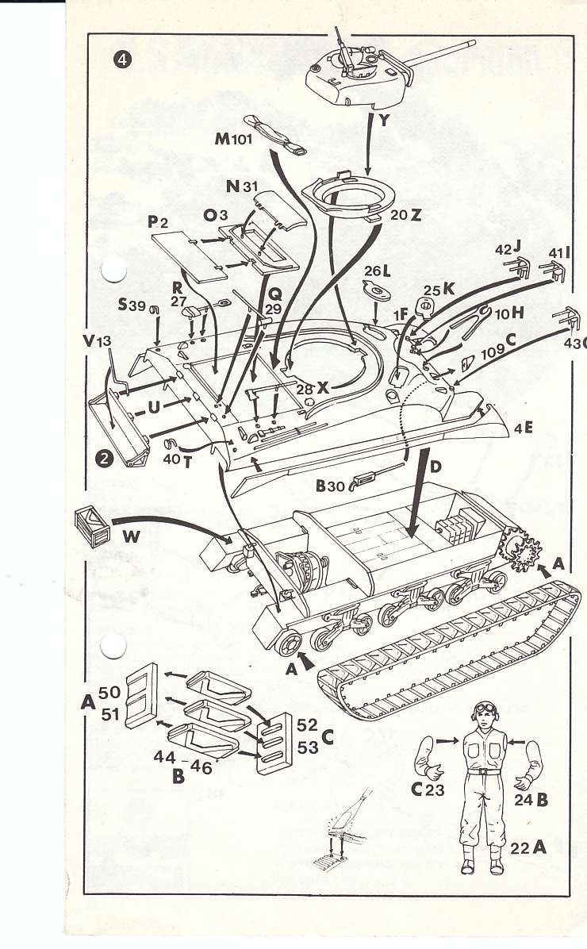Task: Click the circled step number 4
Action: point(123,61)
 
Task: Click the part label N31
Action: point(242,187)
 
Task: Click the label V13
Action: point(98,341)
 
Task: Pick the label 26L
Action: point(377,272)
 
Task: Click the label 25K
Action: point(439,290)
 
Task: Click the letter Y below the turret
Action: point(386,121)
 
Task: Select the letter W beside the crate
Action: point(132,536)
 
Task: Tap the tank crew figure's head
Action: point(485,714)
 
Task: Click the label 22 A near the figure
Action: point(528,847)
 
